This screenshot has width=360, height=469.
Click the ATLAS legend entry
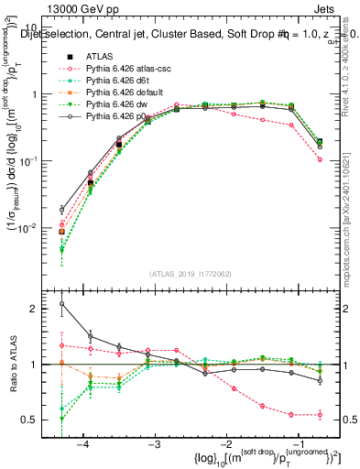coord(99,56)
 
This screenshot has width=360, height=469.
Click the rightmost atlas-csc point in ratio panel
coord(320,415)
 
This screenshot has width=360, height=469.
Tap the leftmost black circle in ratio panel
coord(61,304)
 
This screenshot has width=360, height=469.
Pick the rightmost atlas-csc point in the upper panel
coord(320,159)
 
